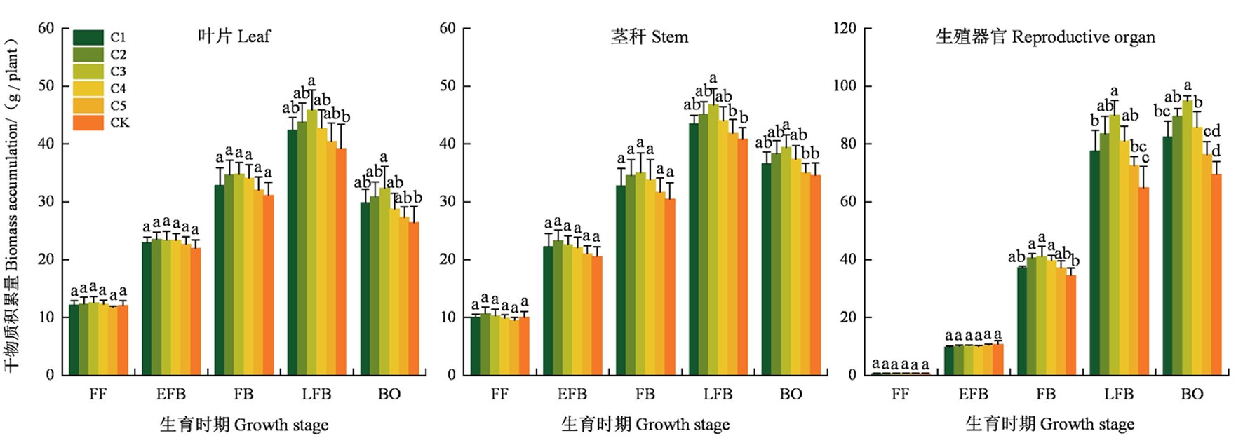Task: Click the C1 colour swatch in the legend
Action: pos(88,37)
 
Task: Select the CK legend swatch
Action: pos(88,123)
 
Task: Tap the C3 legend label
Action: pos(118,71)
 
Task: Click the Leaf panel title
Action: pos(234,36)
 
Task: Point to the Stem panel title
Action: pos(649,37)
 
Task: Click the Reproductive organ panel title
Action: pos(1044,37)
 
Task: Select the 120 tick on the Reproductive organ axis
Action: pos(845,28)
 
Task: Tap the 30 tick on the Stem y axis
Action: pos(448,202)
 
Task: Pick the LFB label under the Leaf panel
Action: pos(316,394)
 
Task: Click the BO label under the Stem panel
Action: pos(791,394)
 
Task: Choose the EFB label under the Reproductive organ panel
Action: pos(973,394)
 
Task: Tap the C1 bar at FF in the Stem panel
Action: pos(475,346)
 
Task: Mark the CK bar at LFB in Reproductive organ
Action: pos(1143,281)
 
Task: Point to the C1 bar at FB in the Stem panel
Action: pos(621,280)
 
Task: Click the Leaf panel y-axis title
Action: pos(12,203)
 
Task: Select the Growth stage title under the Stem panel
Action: pos(645,424)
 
